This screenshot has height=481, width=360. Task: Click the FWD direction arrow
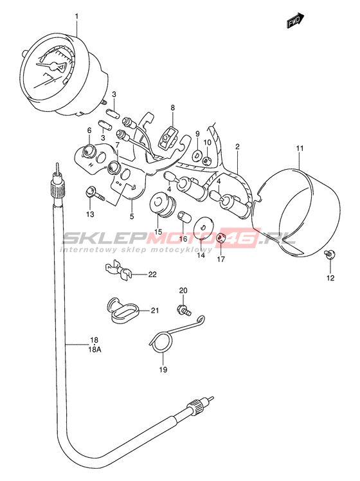coord(295,21)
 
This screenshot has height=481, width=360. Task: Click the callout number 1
coord(76,16)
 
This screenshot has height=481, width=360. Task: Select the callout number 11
coord(300,149)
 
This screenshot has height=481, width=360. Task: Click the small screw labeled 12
coord(330,254)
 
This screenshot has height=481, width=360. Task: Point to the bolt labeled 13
coord(94,194)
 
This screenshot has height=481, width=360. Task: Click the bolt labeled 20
coord(184,309)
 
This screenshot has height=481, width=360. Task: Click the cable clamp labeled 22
coord(118,269)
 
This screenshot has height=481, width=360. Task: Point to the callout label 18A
coord(94,349)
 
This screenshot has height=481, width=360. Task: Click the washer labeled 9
coord(196,156)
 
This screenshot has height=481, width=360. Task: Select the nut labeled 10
coord(207,159)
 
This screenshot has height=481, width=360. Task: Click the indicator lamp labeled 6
coord(89,150)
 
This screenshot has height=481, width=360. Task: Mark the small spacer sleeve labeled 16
coord(185,216)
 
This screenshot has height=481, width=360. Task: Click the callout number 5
coord(132,217)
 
